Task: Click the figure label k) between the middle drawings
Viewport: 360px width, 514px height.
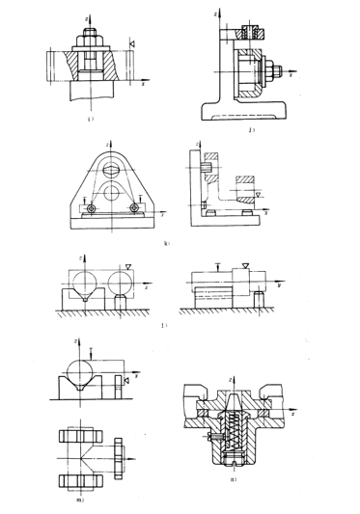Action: pyautogui.click(x=168, y=244)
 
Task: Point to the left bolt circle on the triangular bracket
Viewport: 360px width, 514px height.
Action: pyautogui.click(x=91, y=209)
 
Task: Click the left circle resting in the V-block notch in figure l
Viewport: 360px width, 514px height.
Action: pyautogui.click(x=84, y=284)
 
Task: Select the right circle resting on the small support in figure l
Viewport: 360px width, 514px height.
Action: pyautogui.click(x=123, y=284)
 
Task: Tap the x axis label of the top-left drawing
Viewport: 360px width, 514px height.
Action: pyautogui.click(x=142, y=83)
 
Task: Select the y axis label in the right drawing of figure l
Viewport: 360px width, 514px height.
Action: pyautogui.click(x=278, y=285)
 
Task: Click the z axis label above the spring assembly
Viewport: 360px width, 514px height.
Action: pyautogui.click(x=230, y=379)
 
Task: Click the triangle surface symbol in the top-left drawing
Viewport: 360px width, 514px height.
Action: pyautogui.click(x=133, y=43)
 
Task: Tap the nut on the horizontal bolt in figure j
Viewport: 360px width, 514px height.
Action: pyautogui.click(x=274, y=69)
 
